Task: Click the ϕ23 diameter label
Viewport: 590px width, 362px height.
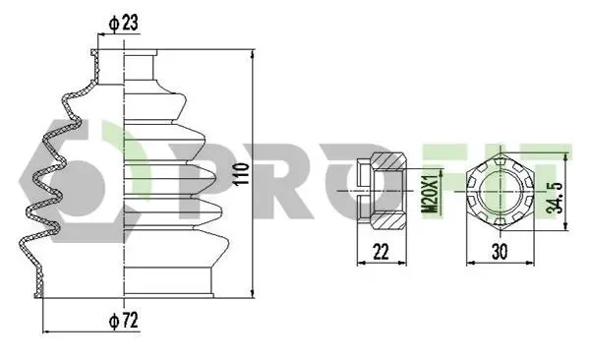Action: tap(123, 23)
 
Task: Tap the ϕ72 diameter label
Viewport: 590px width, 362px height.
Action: tap(124, 321)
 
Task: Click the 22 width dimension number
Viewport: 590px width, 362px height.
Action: tap(381, 252)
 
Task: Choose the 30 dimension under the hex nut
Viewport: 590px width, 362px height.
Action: tap(500, 252)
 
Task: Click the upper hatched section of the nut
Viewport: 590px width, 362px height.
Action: tap(388, 160)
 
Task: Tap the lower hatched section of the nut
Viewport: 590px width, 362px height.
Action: tap(388, 221)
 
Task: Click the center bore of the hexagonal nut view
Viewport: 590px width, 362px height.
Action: tap(500, 191)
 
